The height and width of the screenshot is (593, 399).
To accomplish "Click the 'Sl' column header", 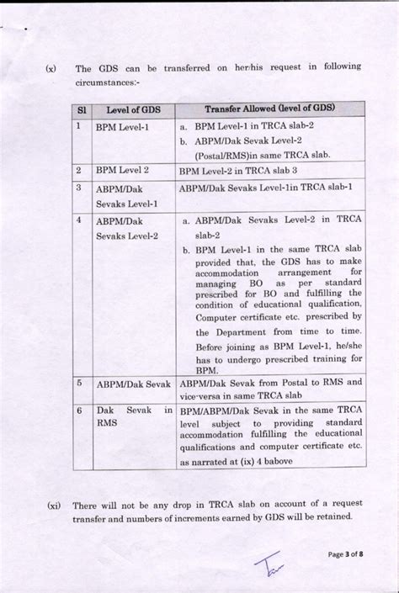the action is point(82,110).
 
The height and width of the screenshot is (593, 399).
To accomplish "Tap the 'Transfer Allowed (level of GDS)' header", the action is point(271,109).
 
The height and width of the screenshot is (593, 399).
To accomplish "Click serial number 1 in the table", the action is point(78,126).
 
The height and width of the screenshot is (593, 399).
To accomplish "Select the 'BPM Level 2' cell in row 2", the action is point(122,170).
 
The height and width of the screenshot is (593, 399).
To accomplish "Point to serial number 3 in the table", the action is point(78,188).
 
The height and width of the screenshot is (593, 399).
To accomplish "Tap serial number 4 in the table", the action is point(78,220).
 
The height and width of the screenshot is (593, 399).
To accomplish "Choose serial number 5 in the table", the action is point(78,383).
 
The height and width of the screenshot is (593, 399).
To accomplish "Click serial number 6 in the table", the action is point(78,410).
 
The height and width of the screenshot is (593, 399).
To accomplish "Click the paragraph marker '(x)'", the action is point(51,68).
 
